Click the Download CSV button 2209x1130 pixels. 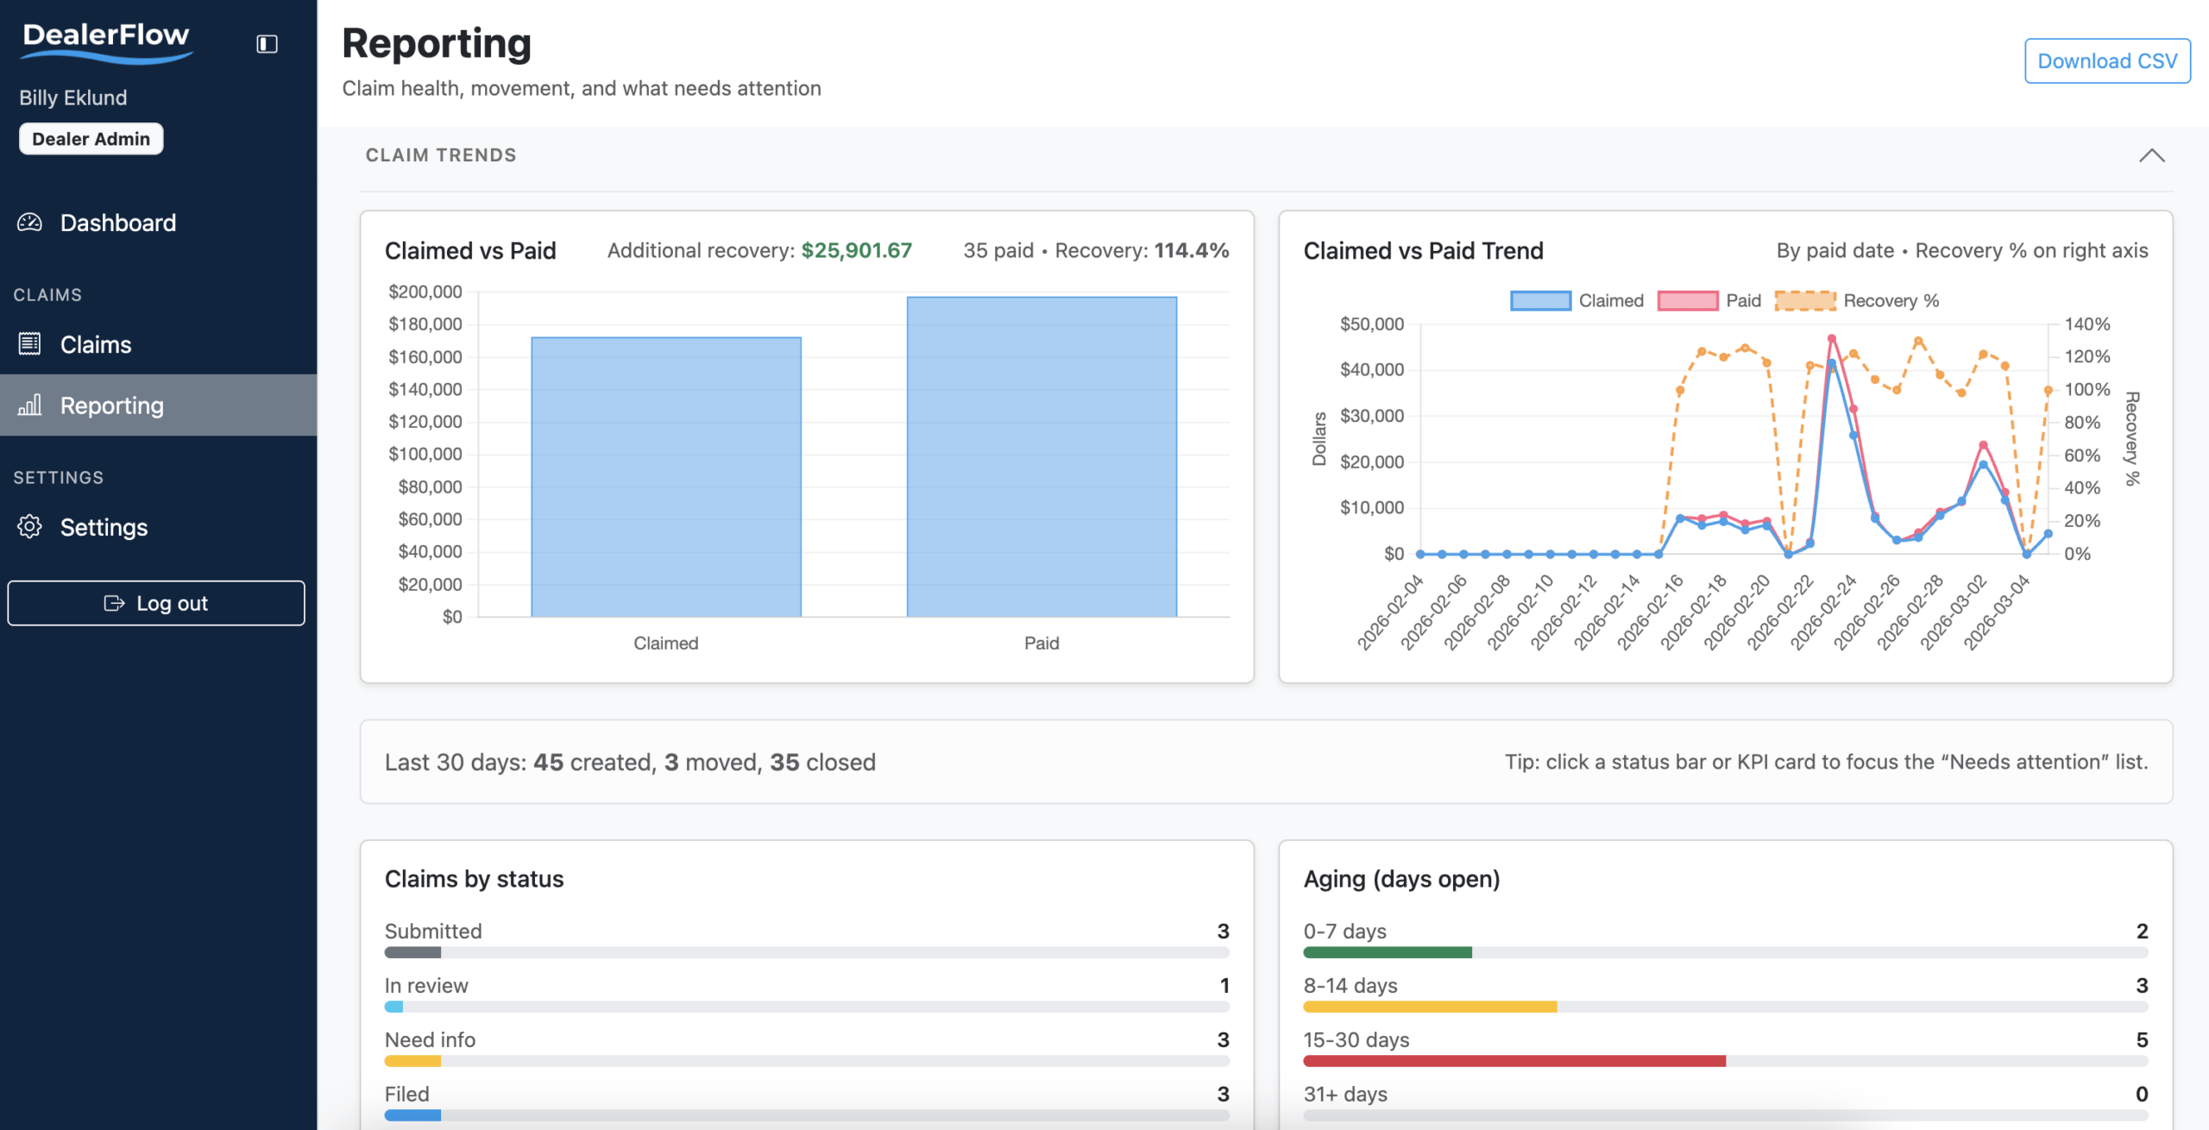2106,61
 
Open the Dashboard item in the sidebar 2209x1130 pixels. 117,223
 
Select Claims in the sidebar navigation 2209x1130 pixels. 95,345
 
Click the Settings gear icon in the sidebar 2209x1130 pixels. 29,527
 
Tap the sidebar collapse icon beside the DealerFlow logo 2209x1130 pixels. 267,44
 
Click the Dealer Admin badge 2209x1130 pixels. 91,139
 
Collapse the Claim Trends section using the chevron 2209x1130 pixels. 2151,155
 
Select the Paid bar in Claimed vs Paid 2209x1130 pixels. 1042,457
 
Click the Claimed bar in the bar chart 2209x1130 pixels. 666,477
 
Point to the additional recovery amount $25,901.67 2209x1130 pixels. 856,251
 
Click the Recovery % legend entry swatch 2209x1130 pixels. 1804,301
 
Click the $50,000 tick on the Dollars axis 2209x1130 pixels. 1371,324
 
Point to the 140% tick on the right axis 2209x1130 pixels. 2086,324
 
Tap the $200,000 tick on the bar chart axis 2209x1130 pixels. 425,292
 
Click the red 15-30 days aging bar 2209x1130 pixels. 1514,1061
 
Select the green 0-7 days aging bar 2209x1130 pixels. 1388,952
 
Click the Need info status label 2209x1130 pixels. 430,1040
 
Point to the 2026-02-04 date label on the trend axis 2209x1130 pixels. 1390,612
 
